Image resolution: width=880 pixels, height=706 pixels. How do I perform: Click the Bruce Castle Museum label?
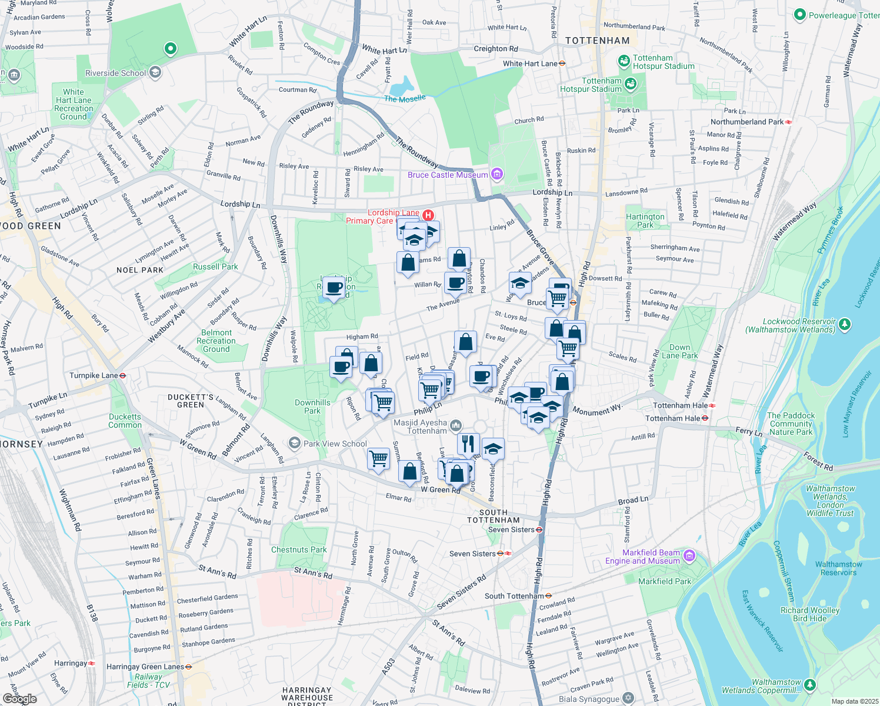[448, 175]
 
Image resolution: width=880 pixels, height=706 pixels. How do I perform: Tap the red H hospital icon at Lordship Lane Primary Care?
[428, 216]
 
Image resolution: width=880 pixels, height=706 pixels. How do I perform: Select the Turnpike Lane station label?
[94, 375]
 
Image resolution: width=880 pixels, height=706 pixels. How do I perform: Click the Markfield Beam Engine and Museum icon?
[689, 555]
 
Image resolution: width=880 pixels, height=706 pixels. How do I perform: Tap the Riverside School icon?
[155, 72]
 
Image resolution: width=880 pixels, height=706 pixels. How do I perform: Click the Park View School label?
[335, 444]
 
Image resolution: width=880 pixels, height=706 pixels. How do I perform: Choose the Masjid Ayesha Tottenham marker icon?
[455, 425]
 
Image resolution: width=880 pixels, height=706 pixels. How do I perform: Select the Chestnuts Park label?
[299, 550]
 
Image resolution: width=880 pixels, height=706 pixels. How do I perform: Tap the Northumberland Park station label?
[747, 122]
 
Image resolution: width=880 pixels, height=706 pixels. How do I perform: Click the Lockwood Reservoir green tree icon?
[845, 324]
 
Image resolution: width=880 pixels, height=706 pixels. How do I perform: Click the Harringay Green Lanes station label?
[145, 667]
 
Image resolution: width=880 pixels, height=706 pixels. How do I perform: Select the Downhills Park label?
[312, 407]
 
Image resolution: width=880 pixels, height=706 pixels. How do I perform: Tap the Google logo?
[19, 699]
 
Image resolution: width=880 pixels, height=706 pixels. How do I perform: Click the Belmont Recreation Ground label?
[216, 341]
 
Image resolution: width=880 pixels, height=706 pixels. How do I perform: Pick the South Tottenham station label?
[514, 596]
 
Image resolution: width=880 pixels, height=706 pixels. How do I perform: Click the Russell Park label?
[215, 267]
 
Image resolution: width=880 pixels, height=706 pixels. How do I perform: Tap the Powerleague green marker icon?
[799, 15]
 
